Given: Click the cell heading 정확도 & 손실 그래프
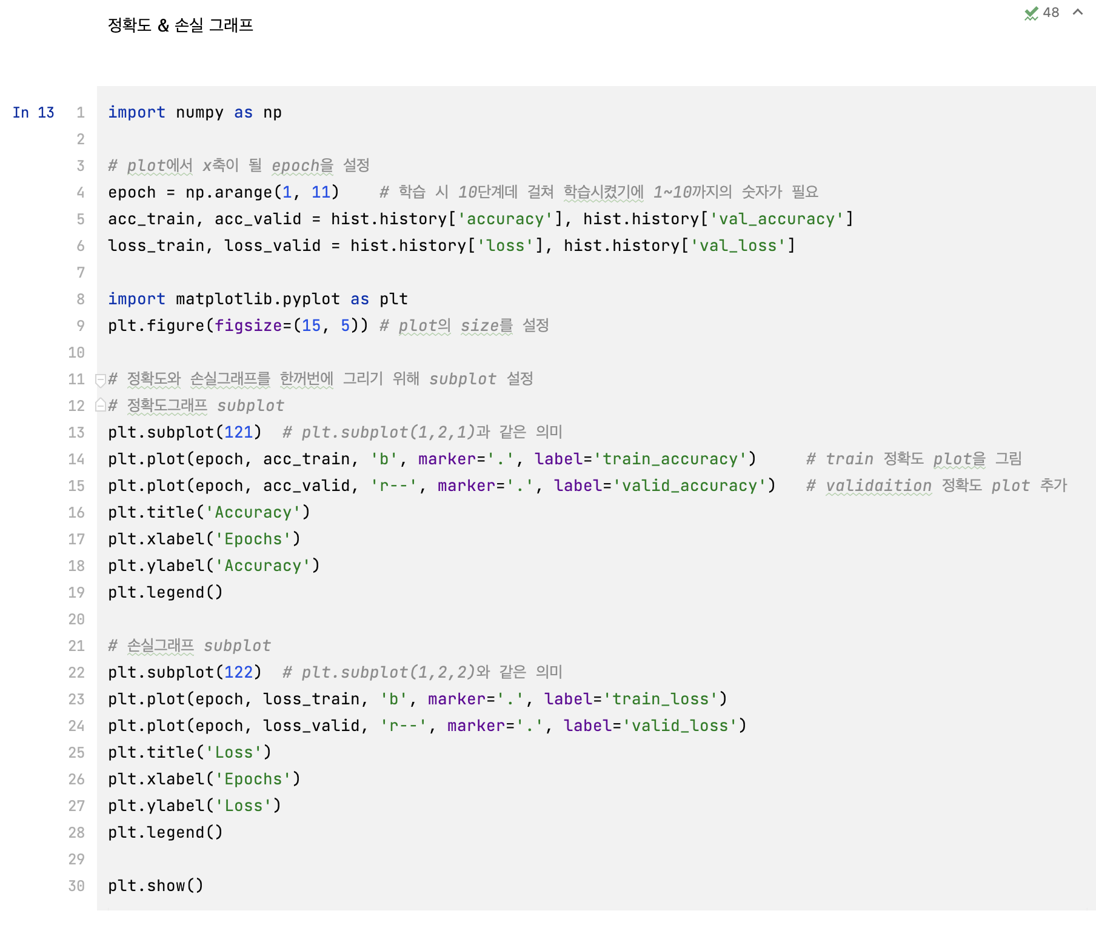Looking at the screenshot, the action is click(180, 25).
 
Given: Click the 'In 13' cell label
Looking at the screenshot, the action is click(33, 113).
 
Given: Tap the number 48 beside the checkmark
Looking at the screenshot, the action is click(1051, 13).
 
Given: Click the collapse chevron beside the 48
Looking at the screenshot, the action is click(1078, 12).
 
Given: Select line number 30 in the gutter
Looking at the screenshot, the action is click(76, 886).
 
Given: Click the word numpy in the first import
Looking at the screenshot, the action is click(199, 113).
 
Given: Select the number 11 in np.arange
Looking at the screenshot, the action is click(321, 193).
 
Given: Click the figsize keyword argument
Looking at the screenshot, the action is click(248, 326).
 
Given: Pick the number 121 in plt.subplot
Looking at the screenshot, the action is click(238, 433).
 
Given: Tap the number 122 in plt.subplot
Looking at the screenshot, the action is click(238, 673).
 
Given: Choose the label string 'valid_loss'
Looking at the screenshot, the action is click(680, 726).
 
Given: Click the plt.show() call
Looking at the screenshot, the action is click(156, 886).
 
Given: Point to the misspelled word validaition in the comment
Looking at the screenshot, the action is click(878, 486).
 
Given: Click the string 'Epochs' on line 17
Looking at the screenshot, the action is click(253, 539).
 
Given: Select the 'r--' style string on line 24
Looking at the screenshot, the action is click(403, 726).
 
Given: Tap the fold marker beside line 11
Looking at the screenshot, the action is click(101, 380).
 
